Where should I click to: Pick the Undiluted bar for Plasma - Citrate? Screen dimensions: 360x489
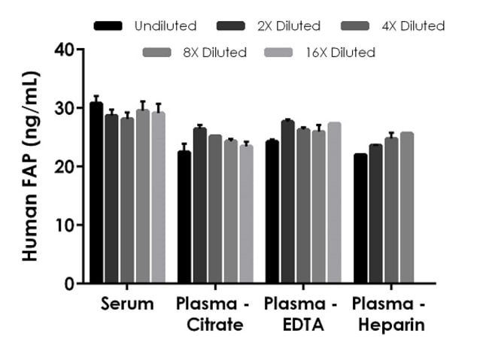[x=184, y=217]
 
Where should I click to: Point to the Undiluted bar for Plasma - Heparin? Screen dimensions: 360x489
[x=360, y=219]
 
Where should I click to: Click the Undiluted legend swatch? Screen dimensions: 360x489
[x=110, y=26]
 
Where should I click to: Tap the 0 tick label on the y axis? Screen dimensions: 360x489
[x=70, y=284]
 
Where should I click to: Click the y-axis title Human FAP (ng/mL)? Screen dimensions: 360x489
[x=30, y=167]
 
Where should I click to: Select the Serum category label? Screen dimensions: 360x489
[x=127, y=304]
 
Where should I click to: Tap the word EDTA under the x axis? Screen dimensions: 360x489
[x=300, y=325]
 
